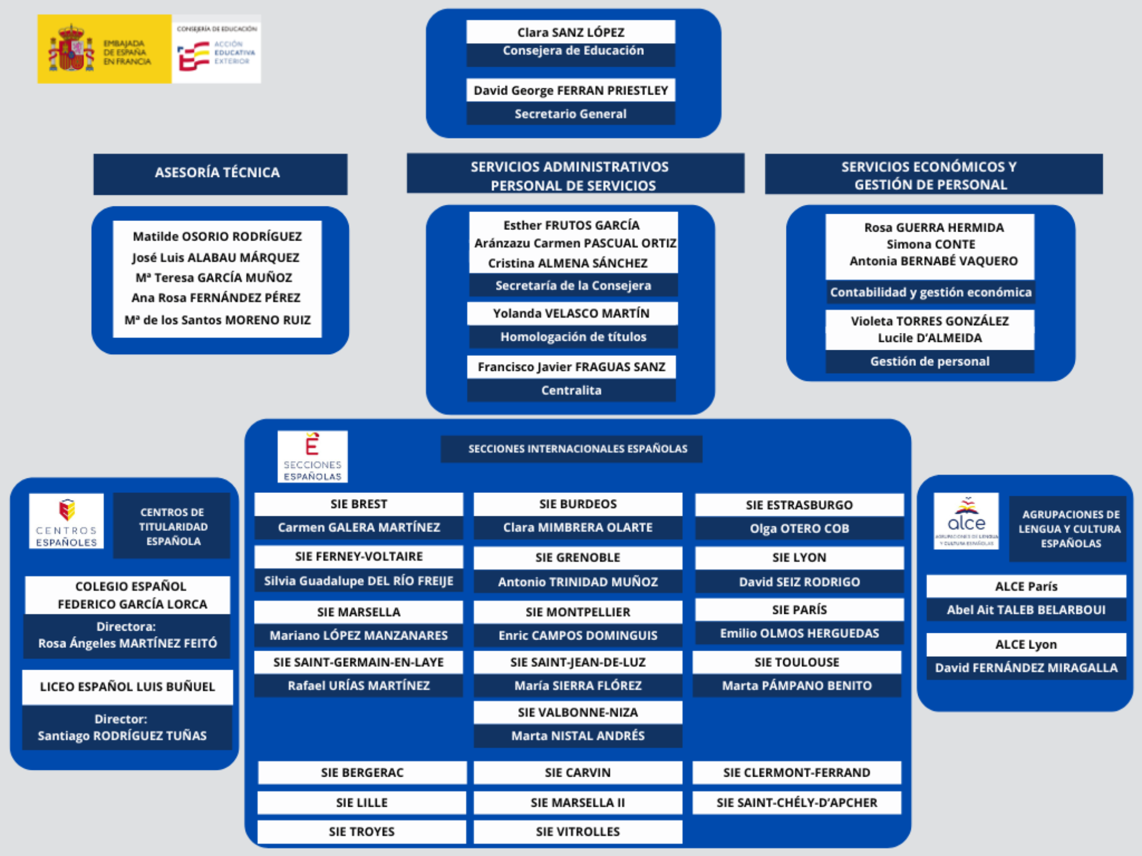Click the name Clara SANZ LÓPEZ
point(570,32)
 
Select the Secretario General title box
point(570,114)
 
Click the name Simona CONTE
point(930,244)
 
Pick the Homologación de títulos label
point(573,337)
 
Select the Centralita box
point(571,391)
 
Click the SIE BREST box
point(358,504)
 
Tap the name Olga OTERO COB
point(799,529)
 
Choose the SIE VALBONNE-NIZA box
point(578,712)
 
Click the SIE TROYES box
point(362,832)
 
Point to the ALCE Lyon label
point(1026,645)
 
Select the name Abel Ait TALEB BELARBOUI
point(1026,610)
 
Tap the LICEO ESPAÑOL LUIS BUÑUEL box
point(127,687)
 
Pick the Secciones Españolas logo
point(312,457)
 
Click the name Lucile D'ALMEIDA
point(929,338)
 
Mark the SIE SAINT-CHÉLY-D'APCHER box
point(797,803)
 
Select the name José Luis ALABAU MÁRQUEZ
point(216,258)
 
